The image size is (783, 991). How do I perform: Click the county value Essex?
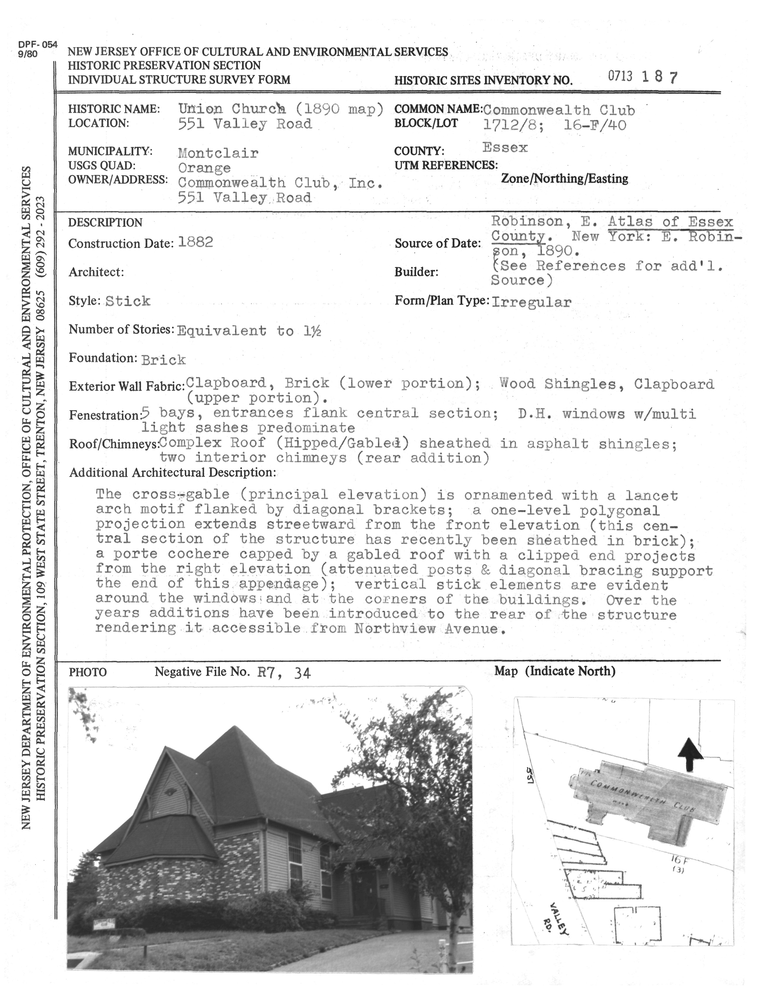pyautogui.click(x=505, y=148)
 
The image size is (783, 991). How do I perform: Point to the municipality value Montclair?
pyautogui.click(x=218, y=153)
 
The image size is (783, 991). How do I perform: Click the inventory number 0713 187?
pyautogui.click(x=642, y=77)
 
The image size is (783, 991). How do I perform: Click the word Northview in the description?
pyautogui.click(x=395, y=629)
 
